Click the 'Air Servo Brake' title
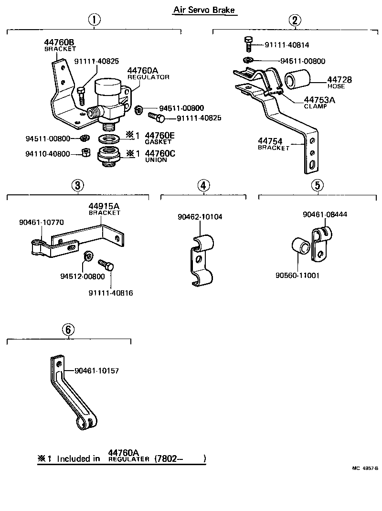[204, 10]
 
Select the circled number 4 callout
[203, 185]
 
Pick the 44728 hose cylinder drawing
[298, 79]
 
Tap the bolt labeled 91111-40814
[248, 44]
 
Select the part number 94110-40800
[48, 154]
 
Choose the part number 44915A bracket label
[104, 209]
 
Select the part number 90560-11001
[297, 276]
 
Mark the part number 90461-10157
[96, 371]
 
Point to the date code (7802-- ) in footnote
[180, 458]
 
